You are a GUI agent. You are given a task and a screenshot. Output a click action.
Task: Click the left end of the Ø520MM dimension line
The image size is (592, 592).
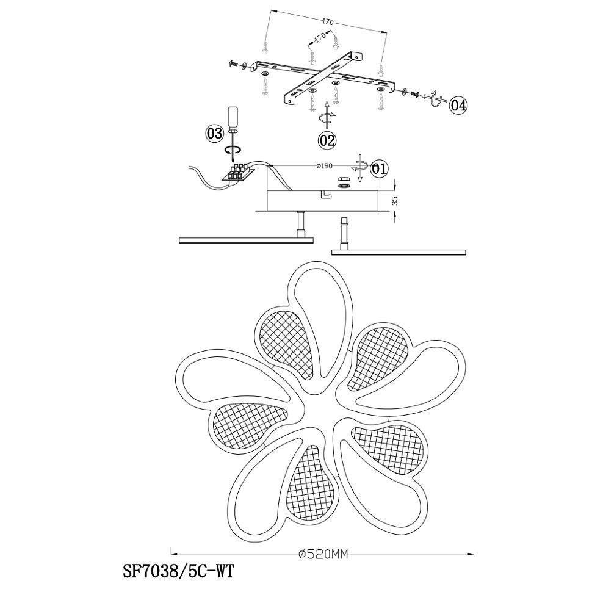point(171,554)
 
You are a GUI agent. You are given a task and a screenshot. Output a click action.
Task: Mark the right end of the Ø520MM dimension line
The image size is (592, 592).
point(474,554)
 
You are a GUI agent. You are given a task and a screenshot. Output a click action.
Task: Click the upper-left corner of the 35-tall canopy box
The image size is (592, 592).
point(267,191)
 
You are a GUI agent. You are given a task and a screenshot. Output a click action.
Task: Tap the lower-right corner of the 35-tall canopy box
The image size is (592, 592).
point(378,210)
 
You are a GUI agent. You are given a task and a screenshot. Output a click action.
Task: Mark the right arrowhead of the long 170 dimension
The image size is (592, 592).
point(386,32)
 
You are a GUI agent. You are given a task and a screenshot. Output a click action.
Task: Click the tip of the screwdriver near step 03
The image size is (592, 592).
point(235,164)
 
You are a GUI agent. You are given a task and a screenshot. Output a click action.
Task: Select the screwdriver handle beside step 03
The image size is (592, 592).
point(233,118)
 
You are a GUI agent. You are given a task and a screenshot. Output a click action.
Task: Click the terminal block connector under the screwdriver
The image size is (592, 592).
point(236,173)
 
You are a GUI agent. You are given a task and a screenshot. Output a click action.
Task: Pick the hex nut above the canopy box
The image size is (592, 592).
point(344,179)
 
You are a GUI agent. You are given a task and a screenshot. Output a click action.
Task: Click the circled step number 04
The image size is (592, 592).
point(458,106)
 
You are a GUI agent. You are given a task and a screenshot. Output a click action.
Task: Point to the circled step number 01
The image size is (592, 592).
point(380,169)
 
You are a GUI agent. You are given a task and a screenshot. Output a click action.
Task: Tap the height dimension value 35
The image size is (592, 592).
point(394,200)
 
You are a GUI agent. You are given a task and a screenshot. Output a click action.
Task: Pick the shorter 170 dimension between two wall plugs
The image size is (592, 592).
point(320,38)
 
